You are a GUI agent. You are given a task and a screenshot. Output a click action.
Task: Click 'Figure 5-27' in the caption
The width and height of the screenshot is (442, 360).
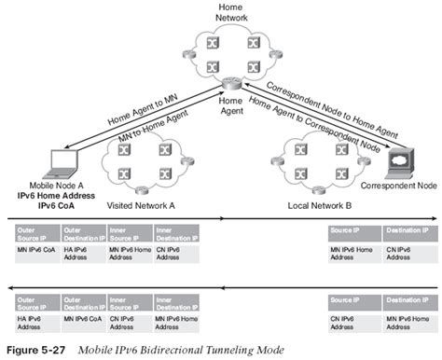(x=38, y=350)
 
